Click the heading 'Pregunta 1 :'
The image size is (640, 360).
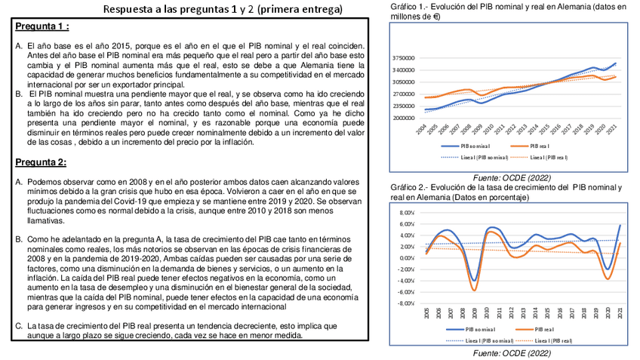pyautogui.click(x=42, y=26)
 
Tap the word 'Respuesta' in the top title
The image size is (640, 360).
pyautogui.click(x=141, y=9)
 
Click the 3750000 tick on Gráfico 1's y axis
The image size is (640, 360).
pyautogui.click(x=404, y=58)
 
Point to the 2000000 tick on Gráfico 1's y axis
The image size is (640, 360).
pyautogui.click(x=404, y=118)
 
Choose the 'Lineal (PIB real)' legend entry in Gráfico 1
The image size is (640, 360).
pyautogui.click(x=549, y=157)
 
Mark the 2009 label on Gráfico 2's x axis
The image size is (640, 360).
pyautogui.click(x=475, y=313)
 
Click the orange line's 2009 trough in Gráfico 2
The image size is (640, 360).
pyautogui.click(x=475, y=290)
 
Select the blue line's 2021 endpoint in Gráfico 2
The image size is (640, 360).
pyautogui.click(x=620, y=225)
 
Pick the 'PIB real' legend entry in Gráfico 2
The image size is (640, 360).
pyautogui.click(x=545, y=330)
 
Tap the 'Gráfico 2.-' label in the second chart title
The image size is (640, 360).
pyautogui.click(x=408, y=187)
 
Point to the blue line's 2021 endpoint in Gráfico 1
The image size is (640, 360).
pyautogui.click(x=616, y=63)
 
